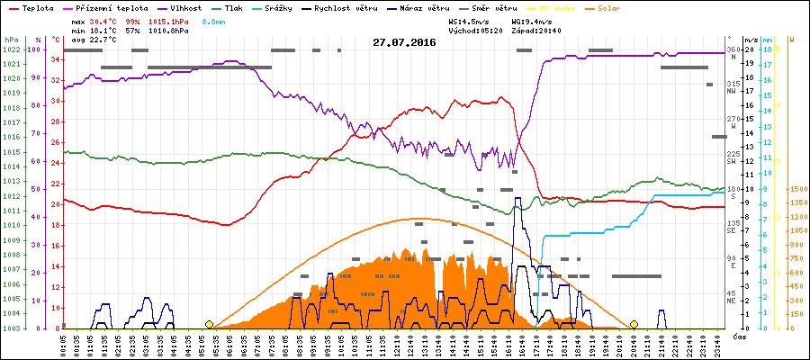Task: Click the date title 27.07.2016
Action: coord(404,42)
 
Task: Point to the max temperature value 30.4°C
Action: coord(106,20)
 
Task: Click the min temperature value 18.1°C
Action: coord(106,30)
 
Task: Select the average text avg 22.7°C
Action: coord(91,40)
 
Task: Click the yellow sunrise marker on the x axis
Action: coord(209,324)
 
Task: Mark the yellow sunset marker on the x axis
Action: coord(634,324)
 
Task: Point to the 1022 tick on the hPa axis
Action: coord(11,49)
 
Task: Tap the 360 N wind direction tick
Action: coord(732,53)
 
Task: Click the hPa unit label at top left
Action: coord(11,40)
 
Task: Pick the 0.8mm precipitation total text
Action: coord(214,20)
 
